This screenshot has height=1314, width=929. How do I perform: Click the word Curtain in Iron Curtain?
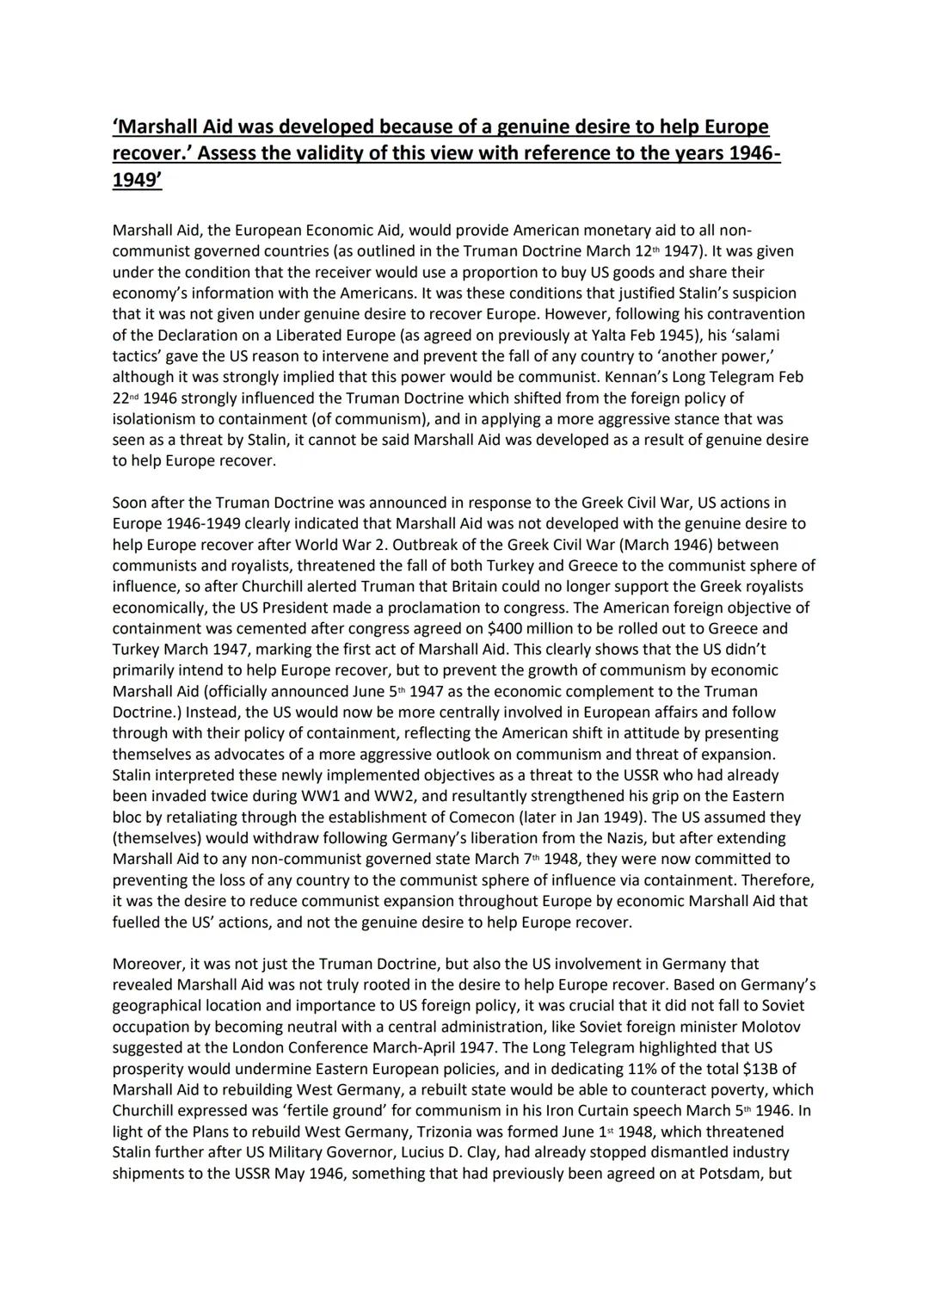tap(544, 1110)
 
